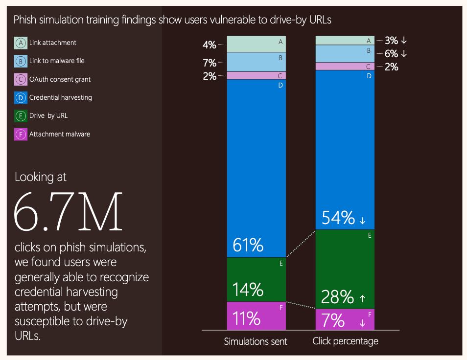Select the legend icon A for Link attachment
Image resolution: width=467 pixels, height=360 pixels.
tap(21, 43)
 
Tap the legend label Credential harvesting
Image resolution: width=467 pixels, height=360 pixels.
tap(60, 97)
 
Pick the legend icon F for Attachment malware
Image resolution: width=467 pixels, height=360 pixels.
tap(21, 134)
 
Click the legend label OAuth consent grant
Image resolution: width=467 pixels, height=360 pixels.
tap(60, 79)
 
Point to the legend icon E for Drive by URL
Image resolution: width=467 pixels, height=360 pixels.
tap(21, 116)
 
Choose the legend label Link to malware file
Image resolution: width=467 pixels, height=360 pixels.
tap(57, 61)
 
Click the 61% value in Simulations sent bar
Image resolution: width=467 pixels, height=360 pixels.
tap(248, 245)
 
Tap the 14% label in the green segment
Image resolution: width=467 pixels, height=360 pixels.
tap(248, 290)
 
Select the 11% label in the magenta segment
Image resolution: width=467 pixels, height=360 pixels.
tap(246, 318)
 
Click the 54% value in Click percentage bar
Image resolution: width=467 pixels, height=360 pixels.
tap(338, 218)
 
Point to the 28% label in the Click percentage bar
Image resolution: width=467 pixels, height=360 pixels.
tap(337, 297)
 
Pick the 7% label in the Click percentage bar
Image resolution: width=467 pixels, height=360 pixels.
tap(333, 320)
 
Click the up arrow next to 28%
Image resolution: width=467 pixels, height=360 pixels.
tap(362, 298)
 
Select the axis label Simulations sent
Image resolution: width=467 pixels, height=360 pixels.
tap(256, 341)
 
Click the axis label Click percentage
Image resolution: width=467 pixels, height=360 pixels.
tap(345, 341)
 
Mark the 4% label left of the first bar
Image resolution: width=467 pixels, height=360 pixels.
tap(210, 45)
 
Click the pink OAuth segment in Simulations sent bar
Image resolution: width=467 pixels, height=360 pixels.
tap(256, 76)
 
